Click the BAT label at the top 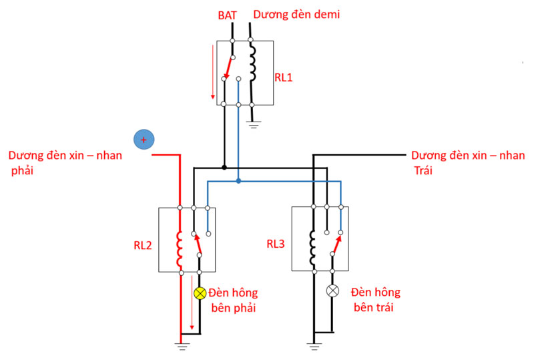pyautogui.click(x=228, y=14)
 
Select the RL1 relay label pyautogui.click(x=284, y=77)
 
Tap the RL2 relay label pyautogui.click(x=143, y=245)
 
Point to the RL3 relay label pyautogui.click(x=275, y=244)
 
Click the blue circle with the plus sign pyautogui.click(x=144, y=140)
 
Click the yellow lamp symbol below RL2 pyautogui.click(x=199, y=293)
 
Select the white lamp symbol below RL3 pyautogui.click(x=332, y=291)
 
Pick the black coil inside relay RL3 pyautogui.click(x=313, y=246)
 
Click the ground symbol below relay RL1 pyautogui.click(x=252, y=124)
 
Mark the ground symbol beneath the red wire pyautogui.click(x=180, y=345)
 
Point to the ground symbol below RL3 pyautogui.click(x=313, y=345)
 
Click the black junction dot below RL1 pyautogui.click(x=224, y=167)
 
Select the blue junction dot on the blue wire pyautogui.click(x=238, y=181)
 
